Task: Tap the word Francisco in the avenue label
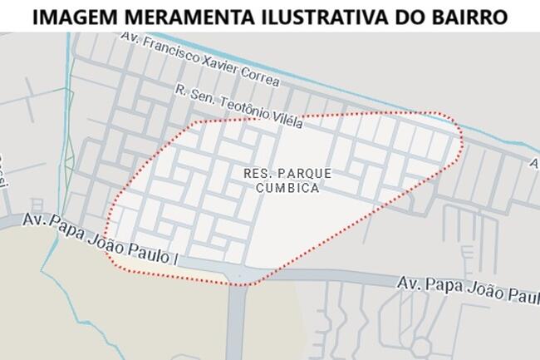(x=170, y=49)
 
